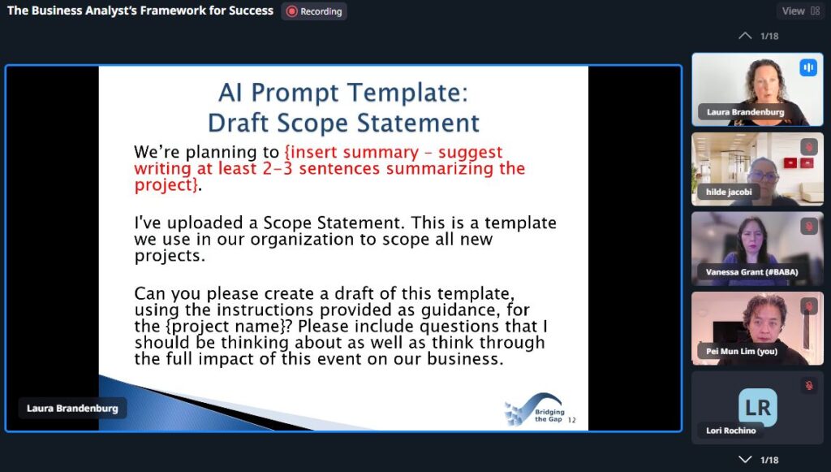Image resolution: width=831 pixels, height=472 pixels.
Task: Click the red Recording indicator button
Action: tap(314, 11)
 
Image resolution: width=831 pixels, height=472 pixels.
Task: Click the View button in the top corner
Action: tap(801, 11)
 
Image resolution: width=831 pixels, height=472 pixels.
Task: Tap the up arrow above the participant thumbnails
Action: tap(745, 36)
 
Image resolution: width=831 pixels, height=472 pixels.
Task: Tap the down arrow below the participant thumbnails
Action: tap(745, 459)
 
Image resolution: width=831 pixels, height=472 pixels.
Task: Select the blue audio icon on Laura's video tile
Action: tap(808, 67)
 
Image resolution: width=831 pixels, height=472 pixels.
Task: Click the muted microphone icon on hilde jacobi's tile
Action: tap(809, 147)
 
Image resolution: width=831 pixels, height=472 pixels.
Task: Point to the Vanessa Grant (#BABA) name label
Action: tap(751, 272)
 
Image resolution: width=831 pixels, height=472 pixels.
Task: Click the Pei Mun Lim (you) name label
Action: tap(742, 351)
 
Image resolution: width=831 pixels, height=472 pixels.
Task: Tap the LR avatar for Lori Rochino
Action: tap(758, 408)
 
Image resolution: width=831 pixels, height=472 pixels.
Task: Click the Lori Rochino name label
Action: tap(731, 431)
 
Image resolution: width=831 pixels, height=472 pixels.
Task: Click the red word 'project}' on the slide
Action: tap(166, 185)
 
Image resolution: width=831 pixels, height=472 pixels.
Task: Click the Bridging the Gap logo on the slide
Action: tap(534, 409)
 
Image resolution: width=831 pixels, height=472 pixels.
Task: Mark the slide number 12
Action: tap(572, 420)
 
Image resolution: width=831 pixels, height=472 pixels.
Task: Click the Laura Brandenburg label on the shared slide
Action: tap(72, 409)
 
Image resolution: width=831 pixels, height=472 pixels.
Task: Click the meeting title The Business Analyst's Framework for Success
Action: tap(140, 11)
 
